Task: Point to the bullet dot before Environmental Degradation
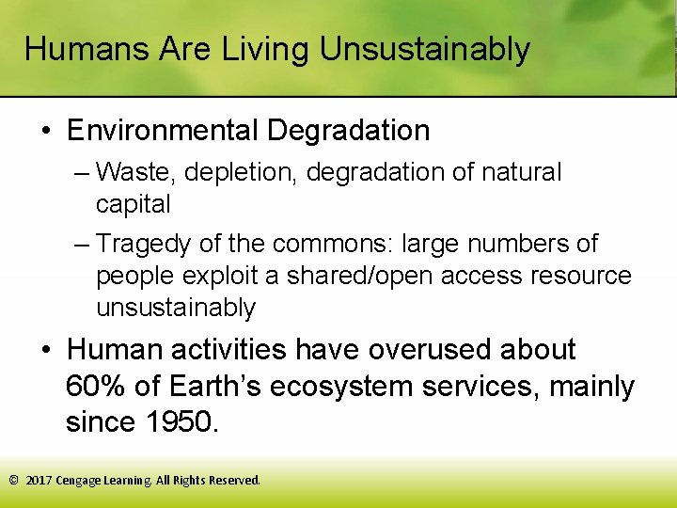click(x=46, y=131)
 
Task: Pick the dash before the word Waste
click(x=82, y=173)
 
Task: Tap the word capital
click(x=133, y=204)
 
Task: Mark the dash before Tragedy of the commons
click(x=82, y=245)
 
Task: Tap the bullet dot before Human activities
click(x=46, y=351)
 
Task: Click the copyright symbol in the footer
click(x=14, y=480)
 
